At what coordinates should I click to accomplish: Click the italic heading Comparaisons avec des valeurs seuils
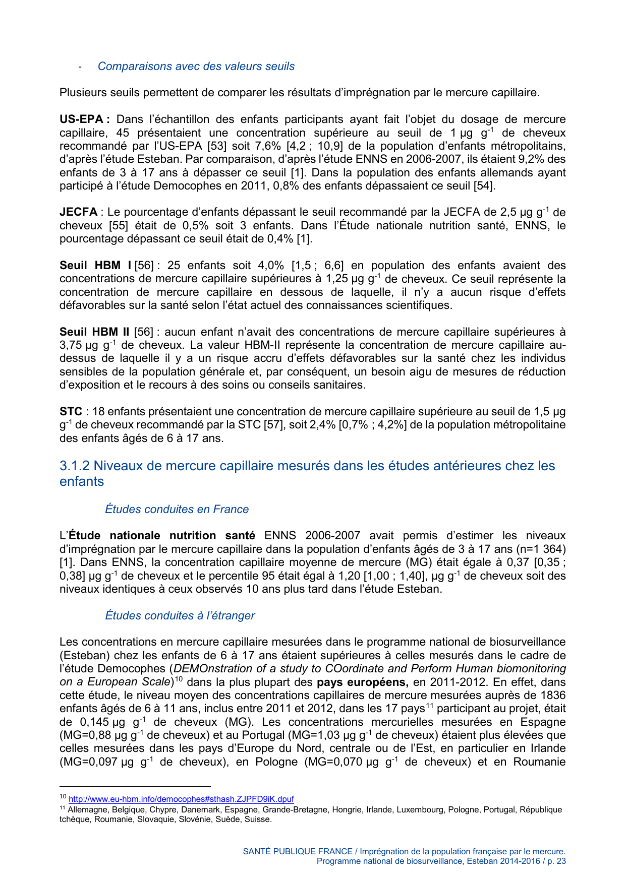tap(196, 67)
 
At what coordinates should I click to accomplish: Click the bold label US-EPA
tap(81, 119)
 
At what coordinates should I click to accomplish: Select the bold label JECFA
tap(78, 212)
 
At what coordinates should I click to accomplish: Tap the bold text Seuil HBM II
tap(94, 332)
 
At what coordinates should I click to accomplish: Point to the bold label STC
tap(71, 412)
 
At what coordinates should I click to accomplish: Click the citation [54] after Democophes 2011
tap(484, 186)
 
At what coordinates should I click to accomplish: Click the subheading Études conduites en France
tap(177, 509)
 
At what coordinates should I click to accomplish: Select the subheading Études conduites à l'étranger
tap(180, 615)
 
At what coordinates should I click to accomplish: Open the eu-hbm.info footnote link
tap(181, 799)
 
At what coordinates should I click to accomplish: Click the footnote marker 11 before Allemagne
tap(63, 808)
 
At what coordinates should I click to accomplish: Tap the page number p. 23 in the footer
tap(555, 861)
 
